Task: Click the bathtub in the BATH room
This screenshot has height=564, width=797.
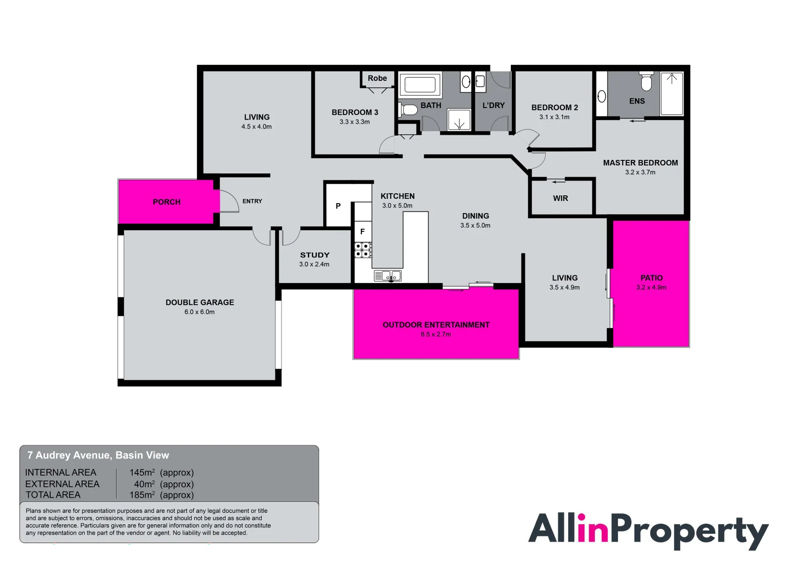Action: [x=420, y=85]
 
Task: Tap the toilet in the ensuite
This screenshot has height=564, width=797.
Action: [x=646, y=81]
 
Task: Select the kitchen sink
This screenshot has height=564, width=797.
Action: [x=388, y=276]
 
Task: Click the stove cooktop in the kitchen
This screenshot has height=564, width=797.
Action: [x=363, y=250]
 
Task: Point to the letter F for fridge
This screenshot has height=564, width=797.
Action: [x=362, y=232]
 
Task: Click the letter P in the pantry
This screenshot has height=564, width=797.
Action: [x=338, y=206]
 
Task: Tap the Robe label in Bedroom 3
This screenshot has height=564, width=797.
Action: [x=377, y=78]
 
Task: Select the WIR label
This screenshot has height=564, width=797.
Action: [x=560, y=198]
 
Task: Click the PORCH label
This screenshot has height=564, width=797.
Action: [x=167, y=202]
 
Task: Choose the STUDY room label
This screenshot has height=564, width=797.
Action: [x=314, y=255]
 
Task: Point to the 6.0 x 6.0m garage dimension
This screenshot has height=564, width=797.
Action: [x=200, y=312]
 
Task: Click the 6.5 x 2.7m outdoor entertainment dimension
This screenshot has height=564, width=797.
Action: [x=436, y=334]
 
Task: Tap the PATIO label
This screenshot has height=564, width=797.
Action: [x=651, y=277]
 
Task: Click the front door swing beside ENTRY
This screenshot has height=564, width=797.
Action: [x=233, y=199]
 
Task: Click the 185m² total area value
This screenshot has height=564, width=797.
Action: [x=142, y=495]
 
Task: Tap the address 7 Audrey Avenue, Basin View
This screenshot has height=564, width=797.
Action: [x=98, y=455]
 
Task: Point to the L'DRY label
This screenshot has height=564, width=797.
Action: [x=494, y=105]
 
